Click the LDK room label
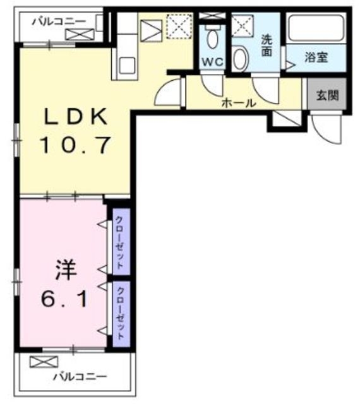tap(76, 116)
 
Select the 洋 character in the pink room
tap(66, 270)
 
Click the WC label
tap(212, 62)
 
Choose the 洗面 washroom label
tap(267, 45)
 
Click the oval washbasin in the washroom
tap(240, 58)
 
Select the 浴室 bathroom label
tap(316, 57)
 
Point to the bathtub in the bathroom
tap(316, 28)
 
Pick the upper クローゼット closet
tap(121, 242)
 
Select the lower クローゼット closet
tap(121, 314)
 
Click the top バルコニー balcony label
tap(59, 21)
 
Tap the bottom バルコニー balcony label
tap(80, 377)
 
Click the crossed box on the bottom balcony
tap(44, 362)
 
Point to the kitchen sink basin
tap(127, 65)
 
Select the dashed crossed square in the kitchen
tap(179, 27)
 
